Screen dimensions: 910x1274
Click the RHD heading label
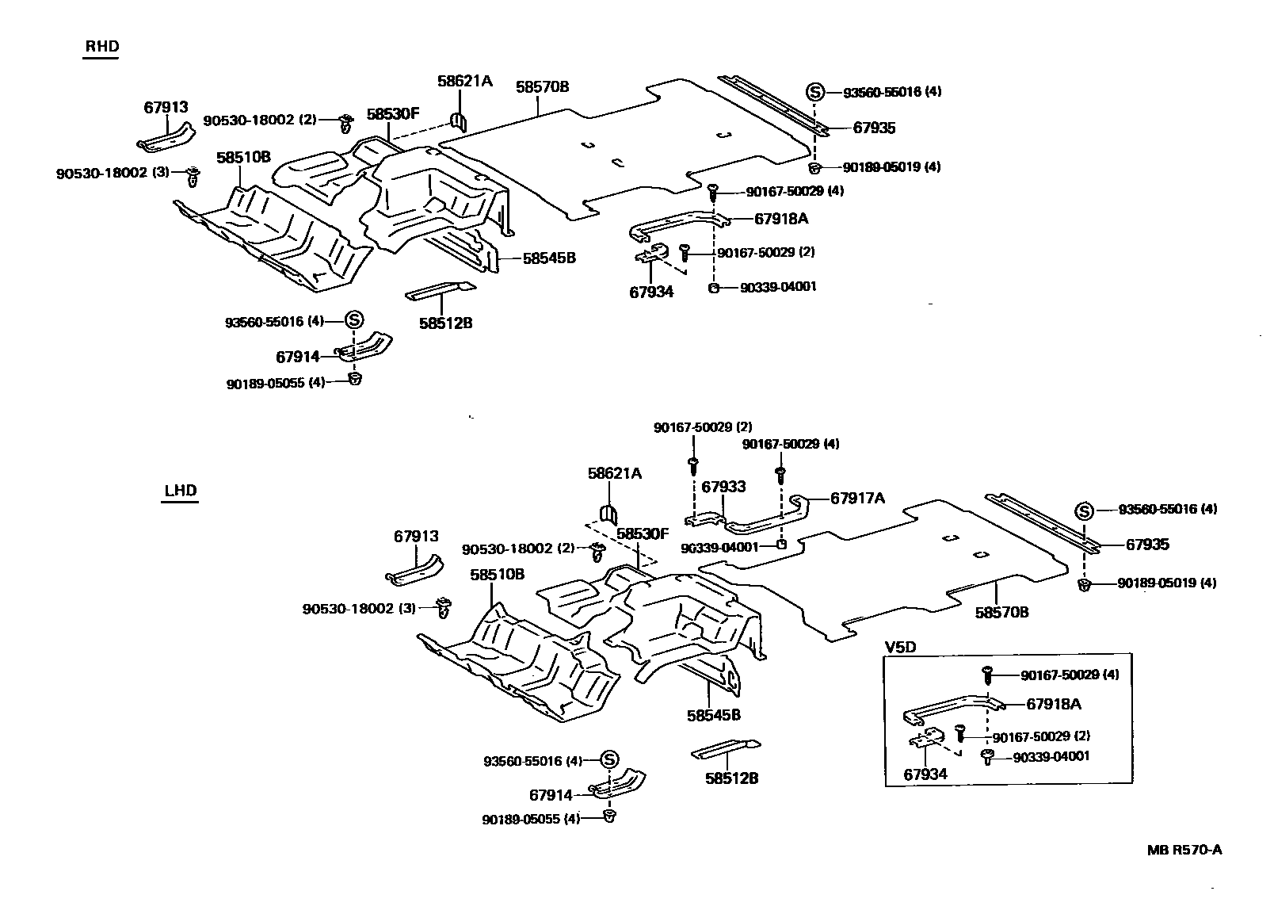pyautogui.click(x=101, y=47)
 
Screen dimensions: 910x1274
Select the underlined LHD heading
pyautogui.click(x=180, y=491)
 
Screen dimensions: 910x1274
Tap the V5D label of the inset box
pyautogui.click(x=900, y=647)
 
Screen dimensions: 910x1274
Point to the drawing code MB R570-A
pyautogui.click(x=1184, y=850)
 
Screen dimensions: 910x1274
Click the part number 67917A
pyautogui.click(x=857, y=498)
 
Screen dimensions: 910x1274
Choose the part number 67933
pyautogui.click(x=723, y=487)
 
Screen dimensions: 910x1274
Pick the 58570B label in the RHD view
pyautogui.click(x=543, y=86)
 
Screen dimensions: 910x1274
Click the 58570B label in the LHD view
pyautogui.click(x=1001, y=612)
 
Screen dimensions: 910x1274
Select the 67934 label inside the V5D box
pyautogui.click(x=925, y=774)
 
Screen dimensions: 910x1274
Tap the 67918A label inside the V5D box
pyautogui.click(x=1054, y=703)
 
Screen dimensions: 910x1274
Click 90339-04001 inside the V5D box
pyautogui.click(x=1051, y=756)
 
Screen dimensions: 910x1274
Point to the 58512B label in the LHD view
pyautogui.click(x=731, y=778)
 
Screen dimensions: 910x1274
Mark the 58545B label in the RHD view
pyautogui.click(x=548, y=258)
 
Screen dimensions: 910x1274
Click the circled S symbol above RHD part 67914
pyautogui.click(x=354, y=320)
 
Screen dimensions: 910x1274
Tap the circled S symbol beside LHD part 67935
pyautogui.click(x=1084, y=511)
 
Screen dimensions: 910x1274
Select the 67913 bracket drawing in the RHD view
pyautogui.click(x=166, y=137)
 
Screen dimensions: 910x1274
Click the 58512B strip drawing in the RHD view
pyautogui.click(x=441, y=291)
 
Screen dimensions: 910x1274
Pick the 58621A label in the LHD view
pyautogui.click(x=615, y=473)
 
